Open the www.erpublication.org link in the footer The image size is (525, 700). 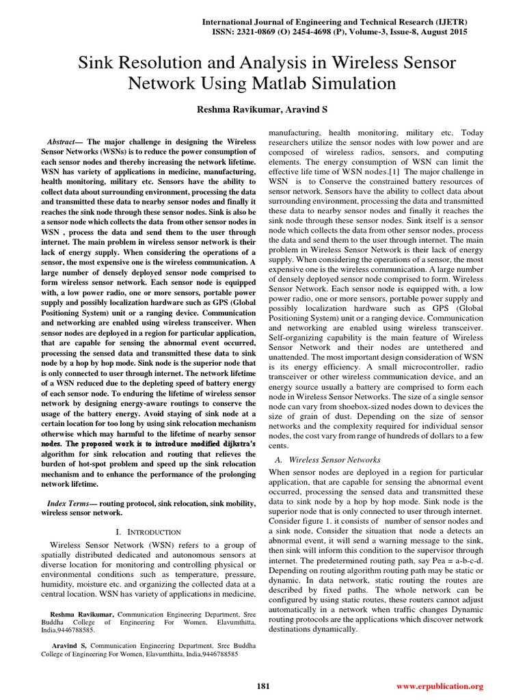click(440, 686)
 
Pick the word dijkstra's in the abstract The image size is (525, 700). click(234, 444)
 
